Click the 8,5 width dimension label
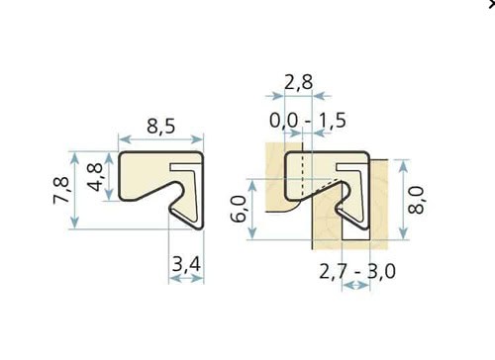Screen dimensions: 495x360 [160, 127]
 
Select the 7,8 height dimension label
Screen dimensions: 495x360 [61, 191]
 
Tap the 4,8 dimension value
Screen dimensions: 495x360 [96, 177]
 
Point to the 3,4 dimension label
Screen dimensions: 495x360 [186, 264]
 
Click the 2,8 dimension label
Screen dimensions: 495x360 [298, 82]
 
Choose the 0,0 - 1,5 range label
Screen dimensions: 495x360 [308, 120]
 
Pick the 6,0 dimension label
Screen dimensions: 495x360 [239, 209]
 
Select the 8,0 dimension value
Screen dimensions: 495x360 [416, 200]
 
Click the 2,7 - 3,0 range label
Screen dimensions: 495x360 [357, 272]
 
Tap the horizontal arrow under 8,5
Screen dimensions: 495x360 [160, 139]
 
